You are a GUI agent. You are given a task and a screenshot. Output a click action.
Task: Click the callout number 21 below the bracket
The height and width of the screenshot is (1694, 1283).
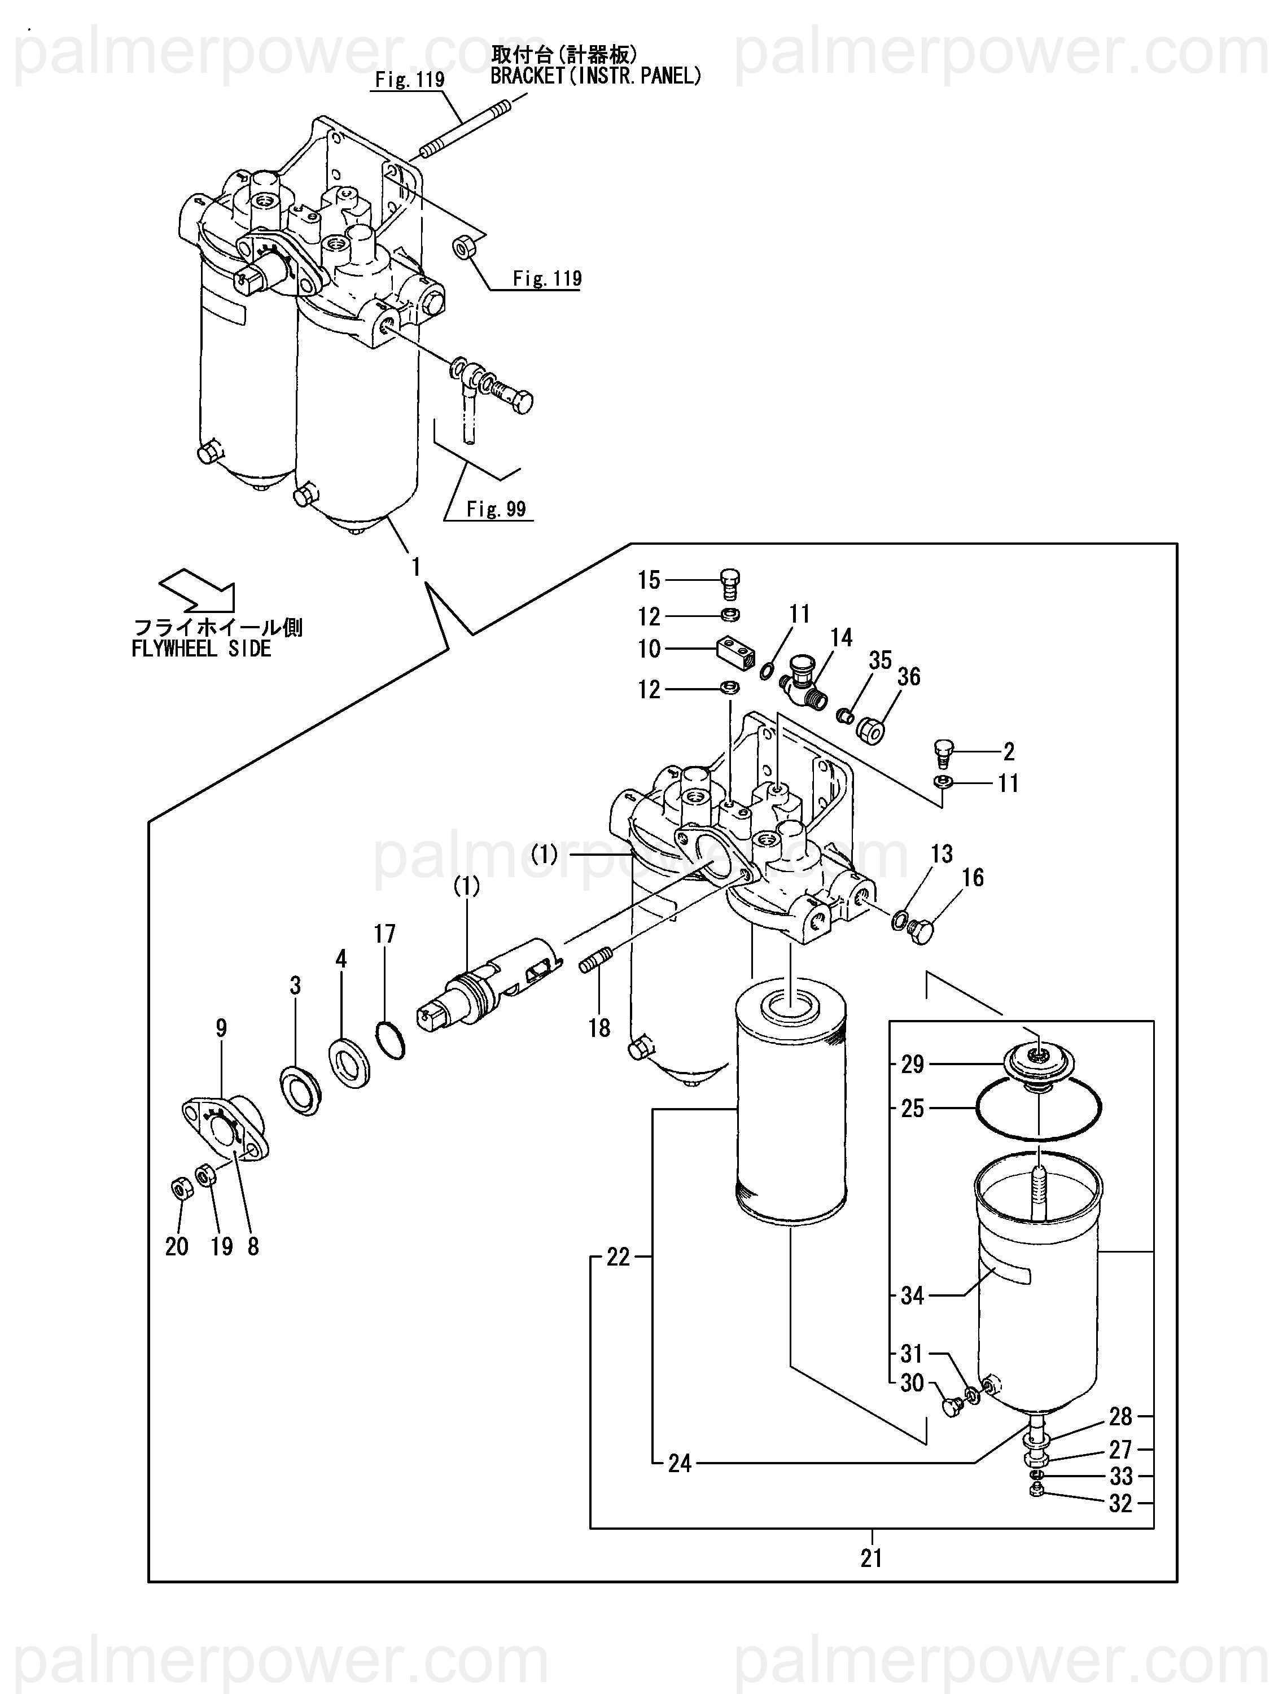pyautogui.click(x=871, y=1558)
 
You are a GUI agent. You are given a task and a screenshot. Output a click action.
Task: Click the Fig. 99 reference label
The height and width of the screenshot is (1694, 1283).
pyautogui.click(x=496, y=509)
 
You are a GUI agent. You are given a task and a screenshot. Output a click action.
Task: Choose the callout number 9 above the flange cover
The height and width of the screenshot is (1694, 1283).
pyautogui.click(x=221, y=1028)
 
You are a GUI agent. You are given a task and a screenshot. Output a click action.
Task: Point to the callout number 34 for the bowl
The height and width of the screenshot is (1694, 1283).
pyautogui.click(x=912, y=1296)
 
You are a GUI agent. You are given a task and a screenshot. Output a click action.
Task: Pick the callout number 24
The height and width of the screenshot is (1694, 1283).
pyautogui.click(x=680, y=1464)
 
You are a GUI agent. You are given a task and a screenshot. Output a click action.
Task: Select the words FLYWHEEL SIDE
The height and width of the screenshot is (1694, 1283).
pyautogui.click(x=202, y=649)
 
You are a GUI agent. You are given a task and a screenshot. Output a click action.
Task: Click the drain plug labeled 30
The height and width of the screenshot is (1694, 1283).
pyautogui.click(x=951, y=1406)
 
